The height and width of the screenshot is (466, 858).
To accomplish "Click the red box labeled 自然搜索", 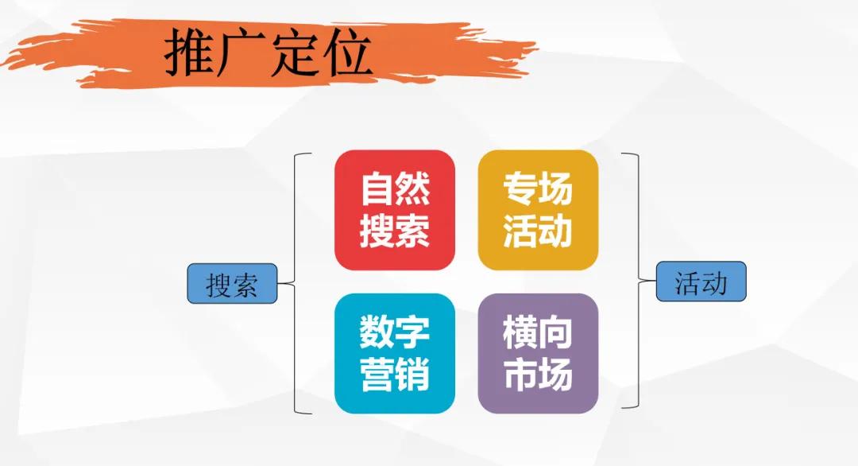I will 394,210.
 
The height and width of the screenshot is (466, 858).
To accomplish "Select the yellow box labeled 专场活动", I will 537,210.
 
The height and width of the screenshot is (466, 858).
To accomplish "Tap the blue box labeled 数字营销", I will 394,353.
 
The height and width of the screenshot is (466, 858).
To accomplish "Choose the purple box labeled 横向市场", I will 537,353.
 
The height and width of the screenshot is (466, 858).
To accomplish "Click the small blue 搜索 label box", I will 232,284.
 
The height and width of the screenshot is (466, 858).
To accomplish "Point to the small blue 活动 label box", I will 701,282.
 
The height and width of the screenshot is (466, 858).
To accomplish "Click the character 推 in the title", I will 189,54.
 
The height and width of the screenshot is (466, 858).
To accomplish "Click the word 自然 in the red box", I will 394,190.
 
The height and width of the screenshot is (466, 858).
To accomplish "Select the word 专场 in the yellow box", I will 537,190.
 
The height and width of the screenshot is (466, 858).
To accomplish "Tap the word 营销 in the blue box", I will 394,375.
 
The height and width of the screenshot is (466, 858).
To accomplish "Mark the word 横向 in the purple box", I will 537,332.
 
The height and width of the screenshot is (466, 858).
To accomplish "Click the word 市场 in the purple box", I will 537,375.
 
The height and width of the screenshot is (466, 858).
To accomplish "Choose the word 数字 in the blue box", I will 394,332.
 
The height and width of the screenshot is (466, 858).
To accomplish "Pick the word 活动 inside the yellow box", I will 537,231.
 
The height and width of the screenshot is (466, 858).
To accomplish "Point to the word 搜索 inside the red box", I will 394,231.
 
